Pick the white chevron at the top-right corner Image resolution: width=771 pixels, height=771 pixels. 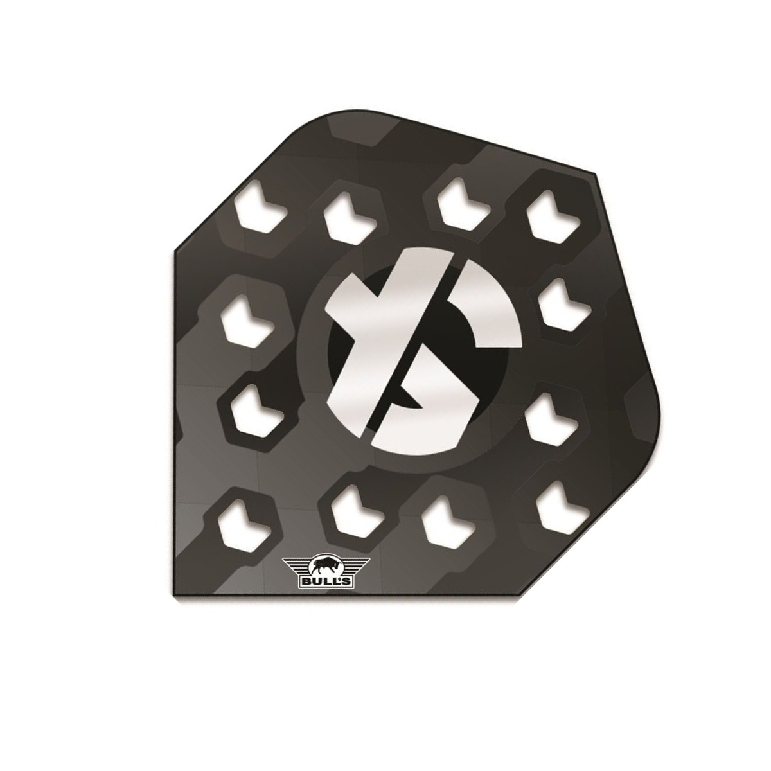[553, 216]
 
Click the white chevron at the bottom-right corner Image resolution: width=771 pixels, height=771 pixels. [562, 508]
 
